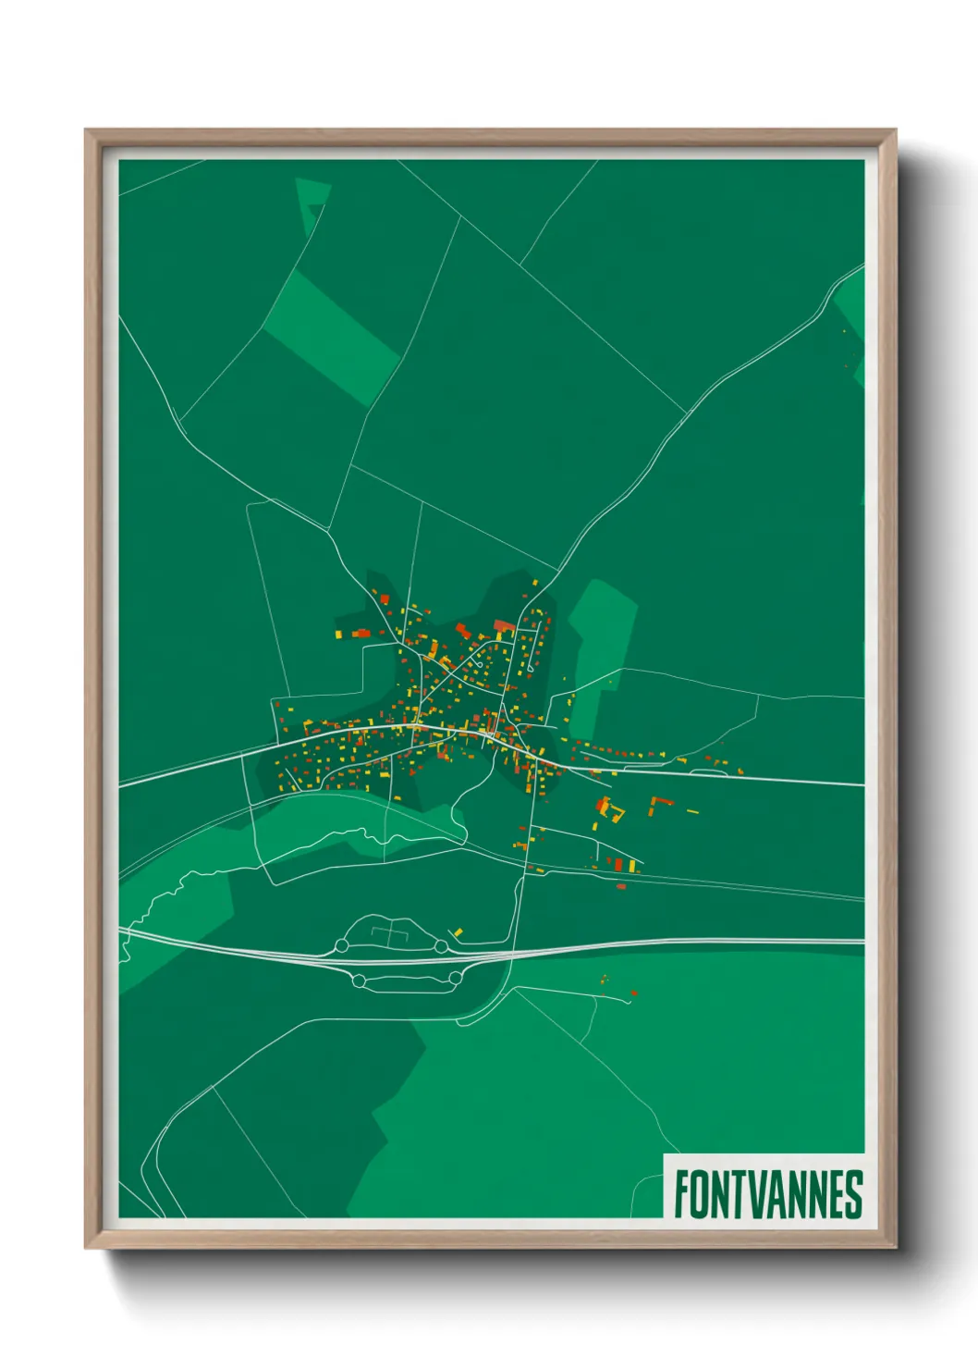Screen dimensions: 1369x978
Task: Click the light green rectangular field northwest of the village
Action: pyautogui.click(x=331, y=338)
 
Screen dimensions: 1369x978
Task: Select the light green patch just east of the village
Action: pyautogui.click(x=603, y=638)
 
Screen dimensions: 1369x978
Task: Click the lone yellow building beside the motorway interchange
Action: pyautogui.click(x=458, y=931)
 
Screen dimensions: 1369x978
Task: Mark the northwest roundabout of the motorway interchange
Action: pyautogui.click(x=341, y=945)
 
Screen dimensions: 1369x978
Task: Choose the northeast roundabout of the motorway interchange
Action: pyautogui.click(x=442, y=946)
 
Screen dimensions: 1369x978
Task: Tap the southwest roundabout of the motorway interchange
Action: pyautogui.click(x=359, y=980)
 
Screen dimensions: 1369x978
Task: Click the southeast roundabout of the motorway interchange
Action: pyautogui.click(x=455, y=978)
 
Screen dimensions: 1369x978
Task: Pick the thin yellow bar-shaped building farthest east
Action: pyautogui.click(x=692, y=811)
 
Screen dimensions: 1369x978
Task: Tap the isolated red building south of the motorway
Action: pyautogui.click(x=634, y=993)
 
